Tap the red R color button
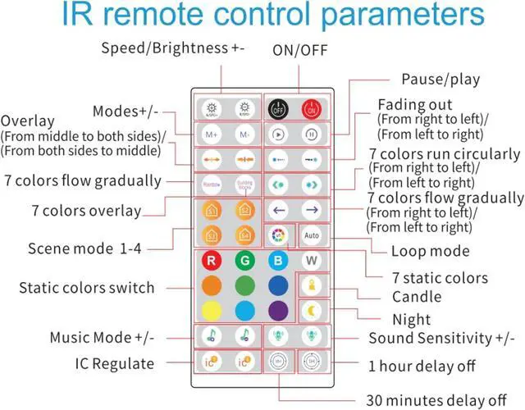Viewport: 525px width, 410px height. (212, 262)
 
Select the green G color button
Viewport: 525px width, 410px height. (244, 262)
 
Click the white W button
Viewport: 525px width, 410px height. (311, 262)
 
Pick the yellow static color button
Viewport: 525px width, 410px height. (212, 311)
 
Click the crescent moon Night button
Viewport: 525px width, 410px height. (311, 311)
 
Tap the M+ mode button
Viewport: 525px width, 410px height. (211, 134)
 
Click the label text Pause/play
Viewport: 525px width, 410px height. (441, 80)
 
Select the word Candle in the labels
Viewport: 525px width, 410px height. (416, 296)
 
